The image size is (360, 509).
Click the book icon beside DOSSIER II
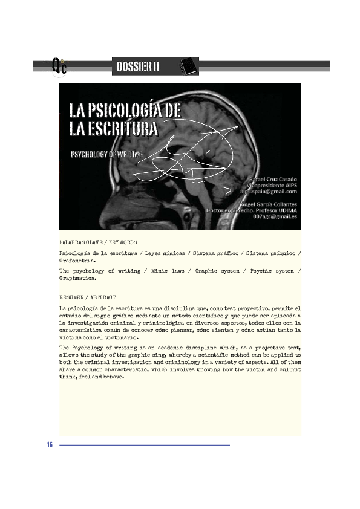189,65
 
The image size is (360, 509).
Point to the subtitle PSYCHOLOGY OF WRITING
106,154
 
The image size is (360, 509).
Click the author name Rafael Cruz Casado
273,179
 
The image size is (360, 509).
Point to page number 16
50,446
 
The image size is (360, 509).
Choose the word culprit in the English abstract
288,368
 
